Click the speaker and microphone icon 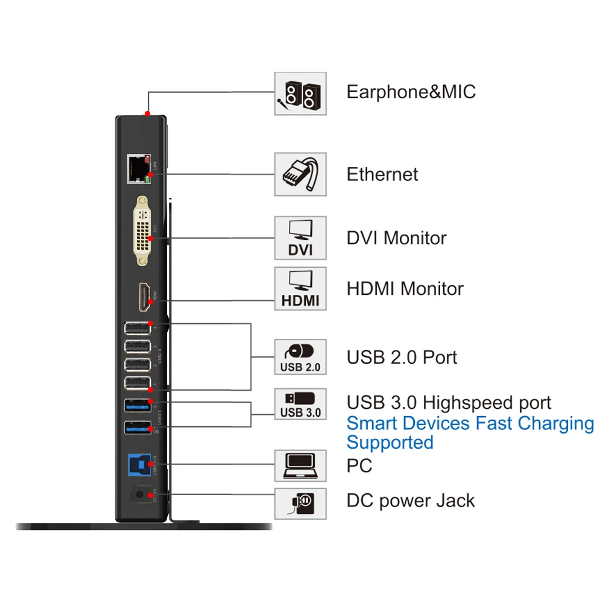click(x=300, y=94)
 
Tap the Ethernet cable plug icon click(x=300, y=174)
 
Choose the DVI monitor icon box click(x=300, y=238)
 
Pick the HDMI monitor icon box click(x=300, y=289)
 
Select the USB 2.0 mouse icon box click(x=300, y=357)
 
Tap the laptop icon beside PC click(x=300, y=466)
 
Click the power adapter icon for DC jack click(x=300, y=502)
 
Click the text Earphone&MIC click(x=411, y=92)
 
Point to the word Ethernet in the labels click(x=382, y=174)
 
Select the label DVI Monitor click(x=396, y=238)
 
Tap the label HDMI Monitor click(x=405, y=288)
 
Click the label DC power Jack click(x=410, y=500)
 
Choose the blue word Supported click(x=390, y=443)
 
